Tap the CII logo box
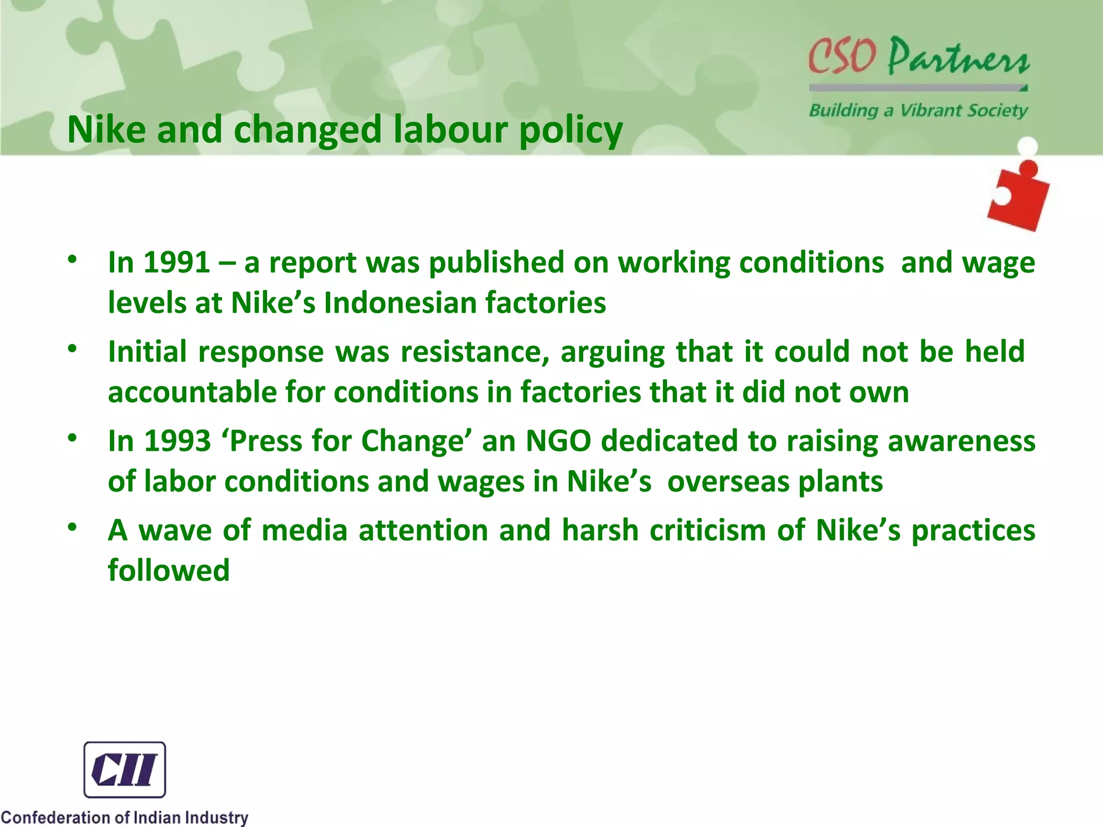(x=124, y=769)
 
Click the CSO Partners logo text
(x=919, y=57)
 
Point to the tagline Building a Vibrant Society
(x=918, y=110)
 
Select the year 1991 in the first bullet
(x=177, y=263)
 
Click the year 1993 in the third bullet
(x=177, y=441)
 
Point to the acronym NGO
(x=558, y=441)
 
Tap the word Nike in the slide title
(x=107, y=130)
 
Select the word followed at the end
(x=169, y=570)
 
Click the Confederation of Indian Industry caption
(x=124, y=817)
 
